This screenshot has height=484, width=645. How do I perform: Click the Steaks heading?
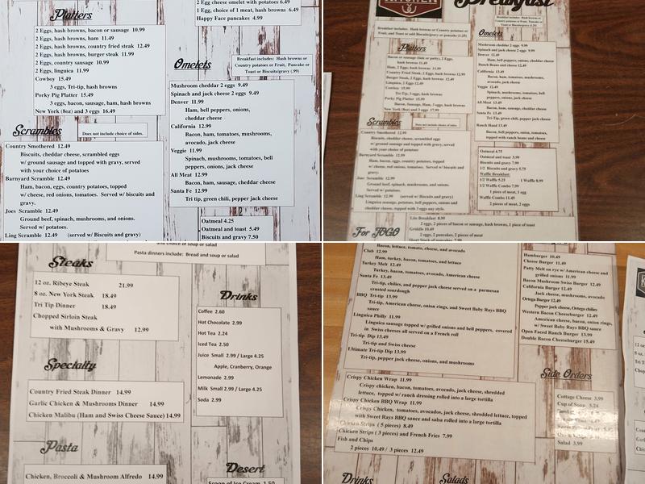[x=71, y=262]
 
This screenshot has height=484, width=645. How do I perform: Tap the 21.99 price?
[x=127, y=286]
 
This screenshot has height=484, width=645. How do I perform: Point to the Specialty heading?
[x=71, y=365]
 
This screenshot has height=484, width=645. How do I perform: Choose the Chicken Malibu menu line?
[x=105, y=415]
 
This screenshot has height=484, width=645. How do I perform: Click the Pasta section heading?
[x=60, y=446]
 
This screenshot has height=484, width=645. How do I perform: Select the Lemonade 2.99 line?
[x=216, y=378]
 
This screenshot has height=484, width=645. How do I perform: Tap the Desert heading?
[x=244, y=468]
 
